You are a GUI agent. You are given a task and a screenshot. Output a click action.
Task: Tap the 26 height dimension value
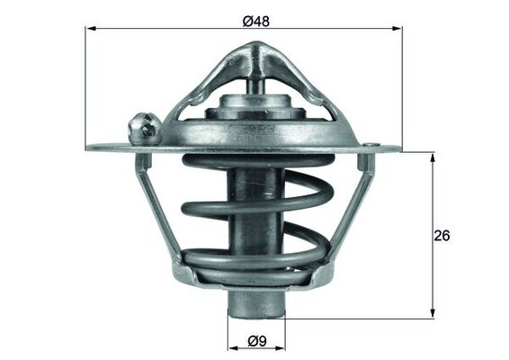(442, 235)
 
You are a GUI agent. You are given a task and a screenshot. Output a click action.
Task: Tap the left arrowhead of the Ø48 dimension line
(91, 29)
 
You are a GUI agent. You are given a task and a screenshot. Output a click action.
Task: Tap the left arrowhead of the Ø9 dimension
(229, 342)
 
